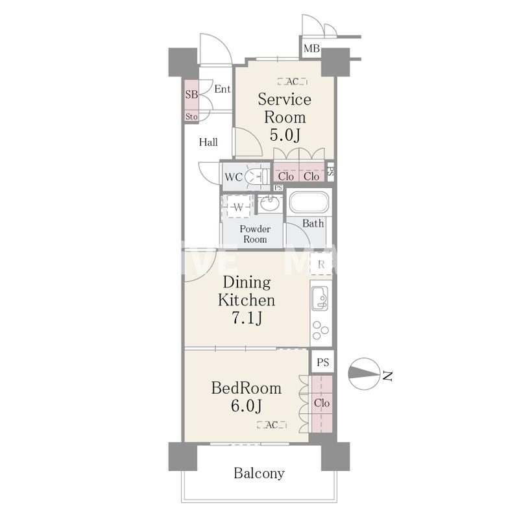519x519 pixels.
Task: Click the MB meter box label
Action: [311, 49]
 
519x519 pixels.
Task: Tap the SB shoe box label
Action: [191, 94]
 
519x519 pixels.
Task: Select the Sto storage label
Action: [191, 117]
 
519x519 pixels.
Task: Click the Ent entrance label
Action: [222, 89]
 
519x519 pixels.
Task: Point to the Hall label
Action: [208, 142]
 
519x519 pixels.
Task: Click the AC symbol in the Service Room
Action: [293, 81]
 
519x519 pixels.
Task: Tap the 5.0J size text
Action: [285, 135]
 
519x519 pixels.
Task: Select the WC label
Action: [234, 177]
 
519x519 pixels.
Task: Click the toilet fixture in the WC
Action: [256, 176]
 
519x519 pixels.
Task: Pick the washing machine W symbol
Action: [238, 208]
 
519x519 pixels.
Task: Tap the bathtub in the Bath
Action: [309, 202]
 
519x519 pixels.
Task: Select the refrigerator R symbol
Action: [320, 265]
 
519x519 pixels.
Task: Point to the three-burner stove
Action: [320, 330]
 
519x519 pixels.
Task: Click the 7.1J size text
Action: [247, 319]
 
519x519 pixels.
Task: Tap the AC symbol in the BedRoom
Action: [271, 425]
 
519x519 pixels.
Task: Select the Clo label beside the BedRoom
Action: [322, 403]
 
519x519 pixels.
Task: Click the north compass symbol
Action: [364, 374]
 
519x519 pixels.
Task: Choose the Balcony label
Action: [259, 474]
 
